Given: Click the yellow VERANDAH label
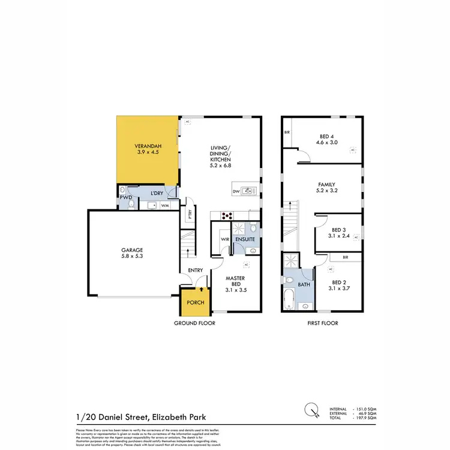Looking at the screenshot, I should click(x=147, y=149).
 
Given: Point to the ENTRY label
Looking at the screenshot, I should click(x=196, y=270).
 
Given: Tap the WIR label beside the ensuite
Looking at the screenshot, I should click(x=225, y=240).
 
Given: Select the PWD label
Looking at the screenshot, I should click(x=126, y=197).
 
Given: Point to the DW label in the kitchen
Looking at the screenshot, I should click(x=236, y=192).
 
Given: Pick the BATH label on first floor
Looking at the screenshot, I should click(x=305, y=284).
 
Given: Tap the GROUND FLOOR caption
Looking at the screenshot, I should click(x=195, y=323).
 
